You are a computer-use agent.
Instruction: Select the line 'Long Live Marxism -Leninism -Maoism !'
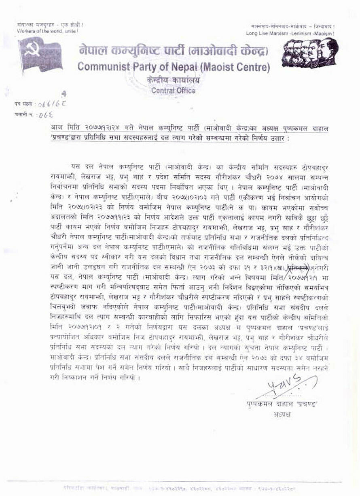(290, 33)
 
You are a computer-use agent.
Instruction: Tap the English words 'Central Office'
(173, 91)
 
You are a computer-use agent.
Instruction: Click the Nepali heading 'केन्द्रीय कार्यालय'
(173, 81)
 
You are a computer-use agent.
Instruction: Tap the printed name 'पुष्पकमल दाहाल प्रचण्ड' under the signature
(283, 404)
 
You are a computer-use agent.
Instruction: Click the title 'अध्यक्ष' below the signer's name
(282, 414)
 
